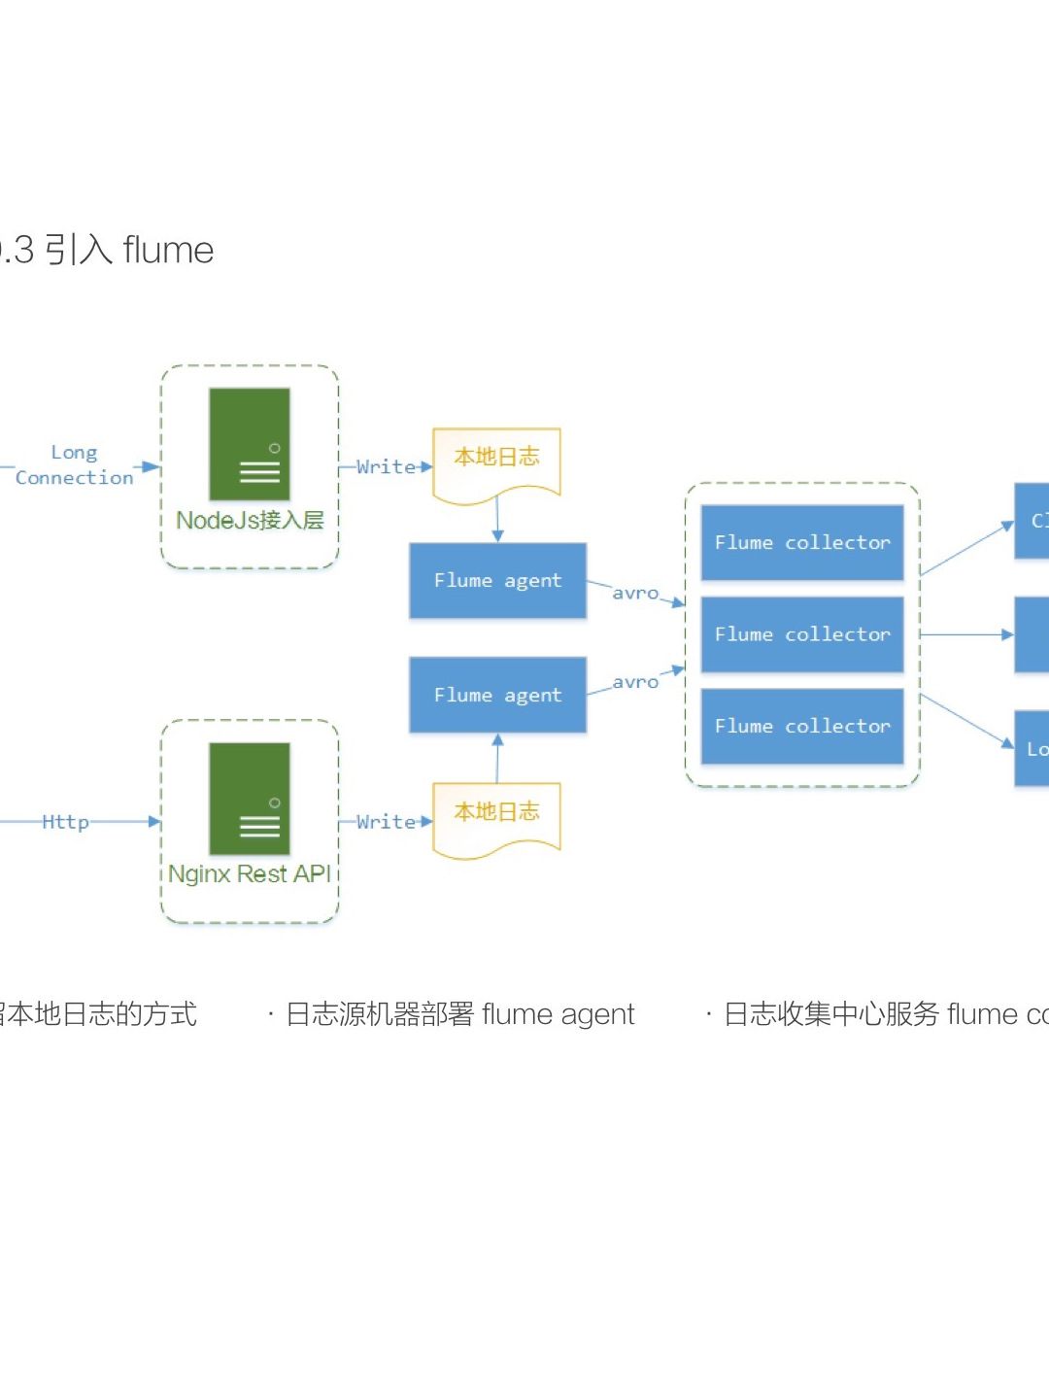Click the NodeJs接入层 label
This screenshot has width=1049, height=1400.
pos(250,521)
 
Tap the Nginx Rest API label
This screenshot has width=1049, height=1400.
pos(250,874)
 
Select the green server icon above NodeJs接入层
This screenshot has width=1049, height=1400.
pos(250,444)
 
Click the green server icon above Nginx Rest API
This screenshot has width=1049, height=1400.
pos(250,799)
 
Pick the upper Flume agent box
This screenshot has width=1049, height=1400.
pos(497,581)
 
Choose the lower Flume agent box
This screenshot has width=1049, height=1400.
pos(497,696)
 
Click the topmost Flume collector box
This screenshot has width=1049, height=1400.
pos(802,543)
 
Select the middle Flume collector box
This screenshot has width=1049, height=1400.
pos(802,634)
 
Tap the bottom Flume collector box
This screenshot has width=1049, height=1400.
pos(802,727)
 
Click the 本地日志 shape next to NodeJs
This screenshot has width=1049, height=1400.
pos(496,461)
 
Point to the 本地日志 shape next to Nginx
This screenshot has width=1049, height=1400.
pos(496,816)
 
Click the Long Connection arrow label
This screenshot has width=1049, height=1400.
pos(75,465)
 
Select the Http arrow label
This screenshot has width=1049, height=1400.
pos(65,822)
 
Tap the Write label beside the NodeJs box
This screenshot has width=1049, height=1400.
pos(385,467)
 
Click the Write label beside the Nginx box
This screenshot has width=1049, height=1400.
pos(385,822)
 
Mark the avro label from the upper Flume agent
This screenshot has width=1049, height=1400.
pos(635,594)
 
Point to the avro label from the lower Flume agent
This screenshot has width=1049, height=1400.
pos(635,683)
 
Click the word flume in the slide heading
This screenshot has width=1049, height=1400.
pos(168,251)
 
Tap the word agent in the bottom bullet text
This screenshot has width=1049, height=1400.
pos(597,1015)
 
